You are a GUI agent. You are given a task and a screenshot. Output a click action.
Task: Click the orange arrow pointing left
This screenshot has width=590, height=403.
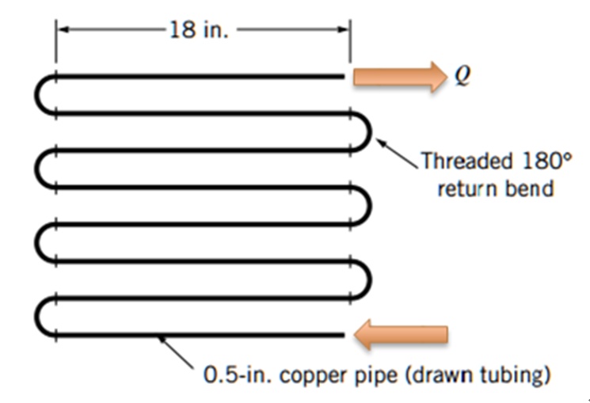401,336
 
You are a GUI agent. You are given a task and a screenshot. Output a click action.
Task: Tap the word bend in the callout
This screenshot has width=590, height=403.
527,190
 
